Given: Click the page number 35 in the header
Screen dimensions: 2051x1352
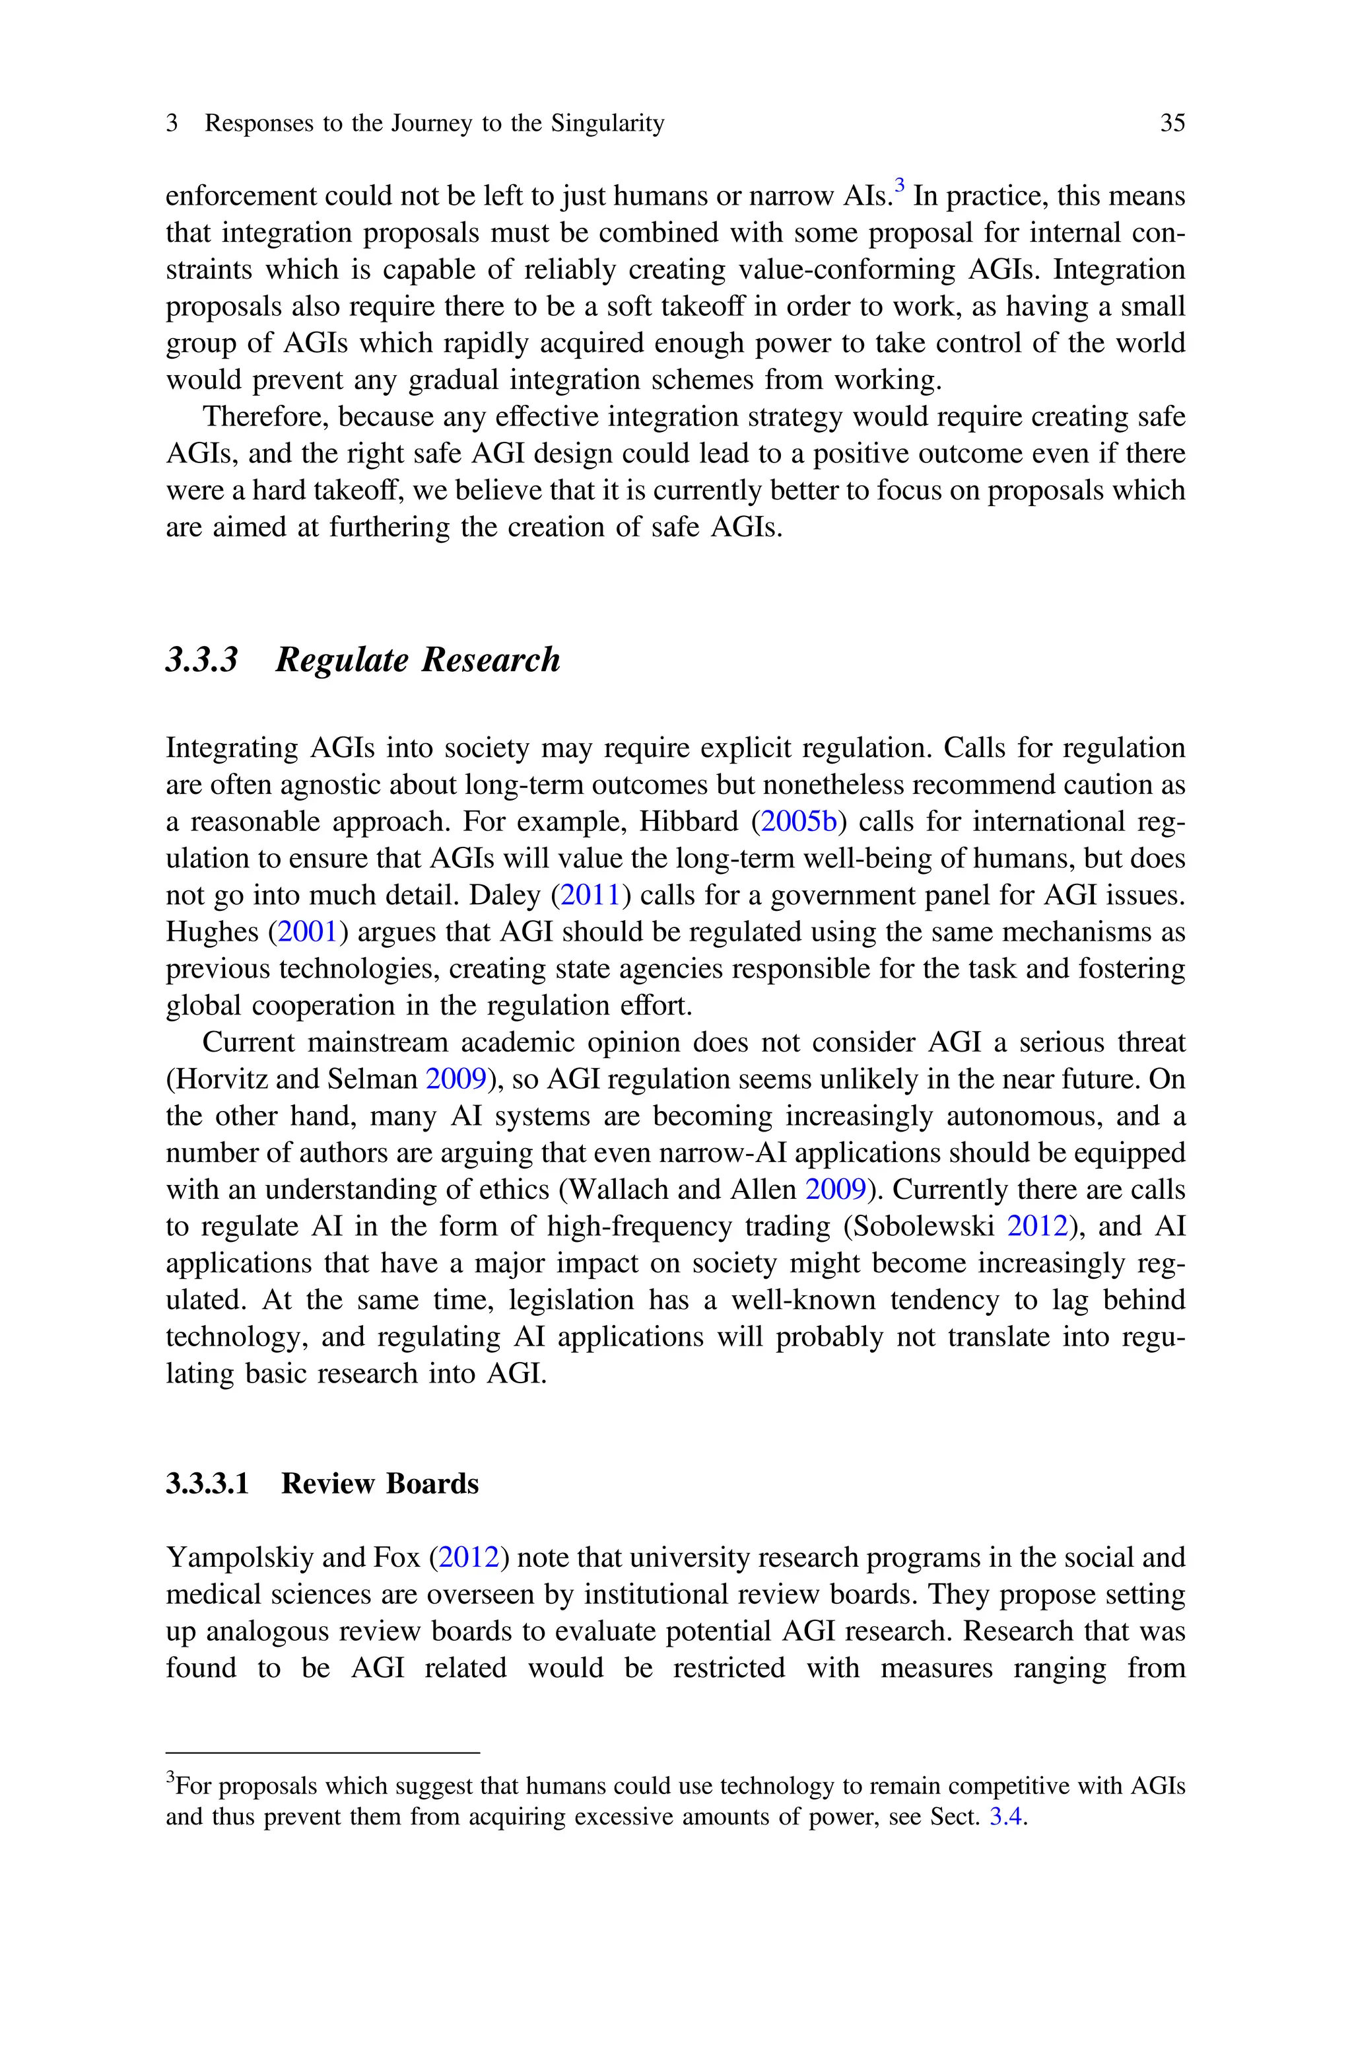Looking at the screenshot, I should tap(1172, 124).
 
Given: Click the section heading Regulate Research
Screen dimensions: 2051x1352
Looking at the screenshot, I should tap(417, 660).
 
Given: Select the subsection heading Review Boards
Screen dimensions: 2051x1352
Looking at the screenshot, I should tap(380, 1484).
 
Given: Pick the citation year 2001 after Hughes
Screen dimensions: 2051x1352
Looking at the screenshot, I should tap(308, 932).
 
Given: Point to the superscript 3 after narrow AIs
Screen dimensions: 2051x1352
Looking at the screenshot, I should tap(899, 184).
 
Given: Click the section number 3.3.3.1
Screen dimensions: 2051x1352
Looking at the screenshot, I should tap(207, 1484).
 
